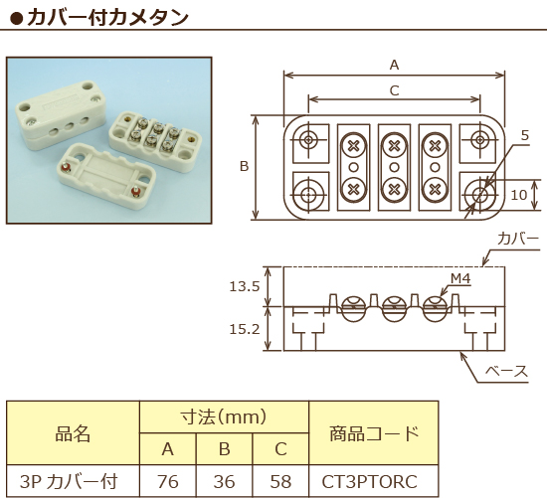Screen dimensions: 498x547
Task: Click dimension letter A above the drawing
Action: point(394,66)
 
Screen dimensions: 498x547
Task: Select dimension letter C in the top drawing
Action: point(394,90)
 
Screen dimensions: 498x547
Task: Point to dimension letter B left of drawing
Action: point(244,167)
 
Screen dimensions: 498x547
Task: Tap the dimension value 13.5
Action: point(244,286)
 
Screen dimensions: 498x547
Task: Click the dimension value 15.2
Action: point(244,328)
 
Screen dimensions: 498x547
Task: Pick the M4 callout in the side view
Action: point(459,278)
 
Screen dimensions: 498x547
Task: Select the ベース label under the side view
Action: point(505,371)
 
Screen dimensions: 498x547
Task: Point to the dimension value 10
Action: point(518,195)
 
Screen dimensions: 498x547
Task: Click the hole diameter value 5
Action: point(524,135)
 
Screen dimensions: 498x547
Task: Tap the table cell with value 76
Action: point(167,482)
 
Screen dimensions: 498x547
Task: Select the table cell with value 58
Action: point(280,482)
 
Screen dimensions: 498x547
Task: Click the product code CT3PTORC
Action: point(371,482)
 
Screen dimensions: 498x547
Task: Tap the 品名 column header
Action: point(73,433)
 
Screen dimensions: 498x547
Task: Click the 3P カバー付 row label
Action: point(73,482)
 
